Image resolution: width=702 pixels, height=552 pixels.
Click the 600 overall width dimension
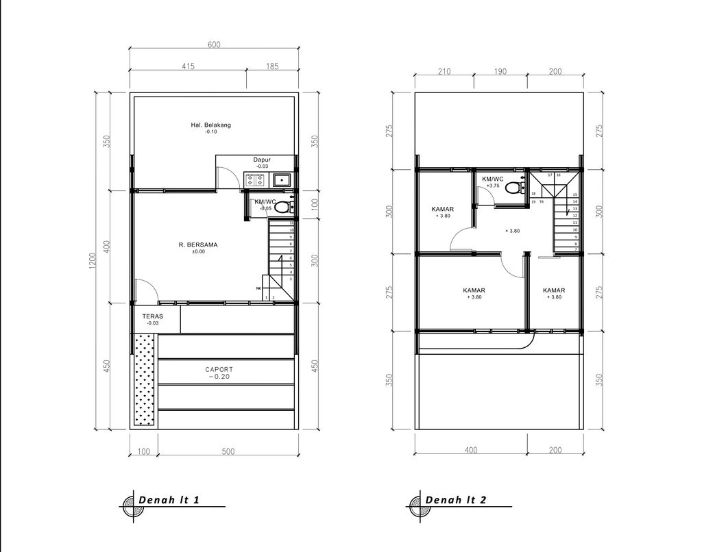pyautogui.click(x=214, y=45)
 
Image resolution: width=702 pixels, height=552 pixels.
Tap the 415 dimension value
pyautogui.click(x=189, y=66)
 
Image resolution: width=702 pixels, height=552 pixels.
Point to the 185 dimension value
pyautogui.click(x=272, y=66)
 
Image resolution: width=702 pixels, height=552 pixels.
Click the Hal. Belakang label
pyautogui.click(x=210, y=125)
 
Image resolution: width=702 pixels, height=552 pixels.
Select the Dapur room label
pyautogui.click(x=262, y=160)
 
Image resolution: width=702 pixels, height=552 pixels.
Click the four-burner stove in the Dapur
pyautogui.click(x=255, y=181)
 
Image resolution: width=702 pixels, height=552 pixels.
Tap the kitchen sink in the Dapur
pyautogui.click(x=281, y=181)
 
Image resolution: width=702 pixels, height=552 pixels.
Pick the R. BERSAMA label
pyautogui.click(x=197, y=243)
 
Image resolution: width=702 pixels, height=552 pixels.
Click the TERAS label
pyautogui.click(x=152, y=316)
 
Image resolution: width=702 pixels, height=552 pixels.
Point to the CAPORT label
pyautogui.click(x=219, y=369)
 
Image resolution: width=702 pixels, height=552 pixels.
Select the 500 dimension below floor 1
pyautogui.click(x=228, y=451)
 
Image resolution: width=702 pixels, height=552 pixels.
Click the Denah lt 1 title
pyautogui.click(x=169, y=499)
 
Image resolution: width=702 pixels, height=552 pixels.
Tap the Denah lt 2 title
pyautogui.click(x=456, y=499)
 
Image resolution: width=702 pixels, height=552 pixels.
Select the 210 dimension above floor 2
pyautogui.click(x=444, y=71)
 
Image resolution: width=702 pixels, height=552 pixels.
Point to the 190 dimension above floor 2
pyautogui.click(x=500, y=71)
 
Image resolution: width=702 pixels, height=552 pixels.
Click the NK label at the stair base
pyautogui.click(x=258, y=288)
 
